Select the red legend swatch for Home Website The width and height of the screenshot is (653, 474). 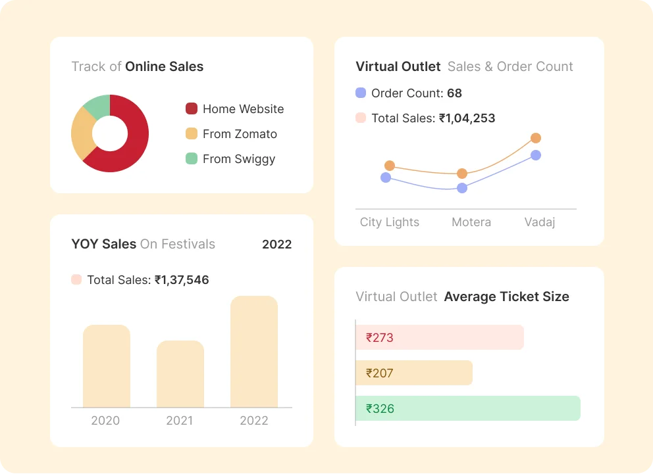click(192, 109)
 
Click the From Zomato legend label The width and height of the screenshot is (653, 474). click(240, 134)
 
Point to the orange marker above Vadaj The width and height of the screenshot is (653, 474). click(536, 138)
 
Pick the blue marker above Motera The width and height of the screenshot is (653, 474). click(462, 188)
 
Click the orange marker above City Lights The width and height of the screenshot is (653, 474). click(390, 166)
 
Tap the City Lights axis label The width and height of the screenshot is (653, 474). click(390, 222)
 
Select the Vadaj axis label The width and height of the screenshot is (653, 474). click(540, 222)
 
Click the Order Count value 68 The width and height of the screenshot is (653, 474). click(454, 93)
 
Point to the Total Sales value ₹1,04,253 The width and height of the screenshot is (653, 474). click(467, 118)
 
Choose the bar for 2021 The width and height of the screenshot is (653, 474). click(180, 374)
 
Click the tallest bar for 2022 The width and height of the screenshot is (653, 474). click(254, 352)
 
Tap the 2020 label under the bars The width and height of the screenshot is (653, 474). click(105, 421)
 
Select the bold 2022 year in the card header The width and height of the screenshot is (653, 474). click(276, 245)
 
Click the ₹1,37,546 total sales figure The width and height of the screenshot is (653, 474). click(182, 280)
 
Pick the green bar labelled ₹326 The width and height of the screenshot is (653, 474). click(468, 408)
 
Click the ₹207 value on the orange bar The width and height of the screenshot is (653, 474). click(380, 373)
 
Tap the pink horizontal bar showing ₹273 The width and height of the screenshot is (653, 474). click(440, 338)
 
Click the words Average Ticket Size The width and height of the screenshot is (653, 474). click(506, 297)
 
